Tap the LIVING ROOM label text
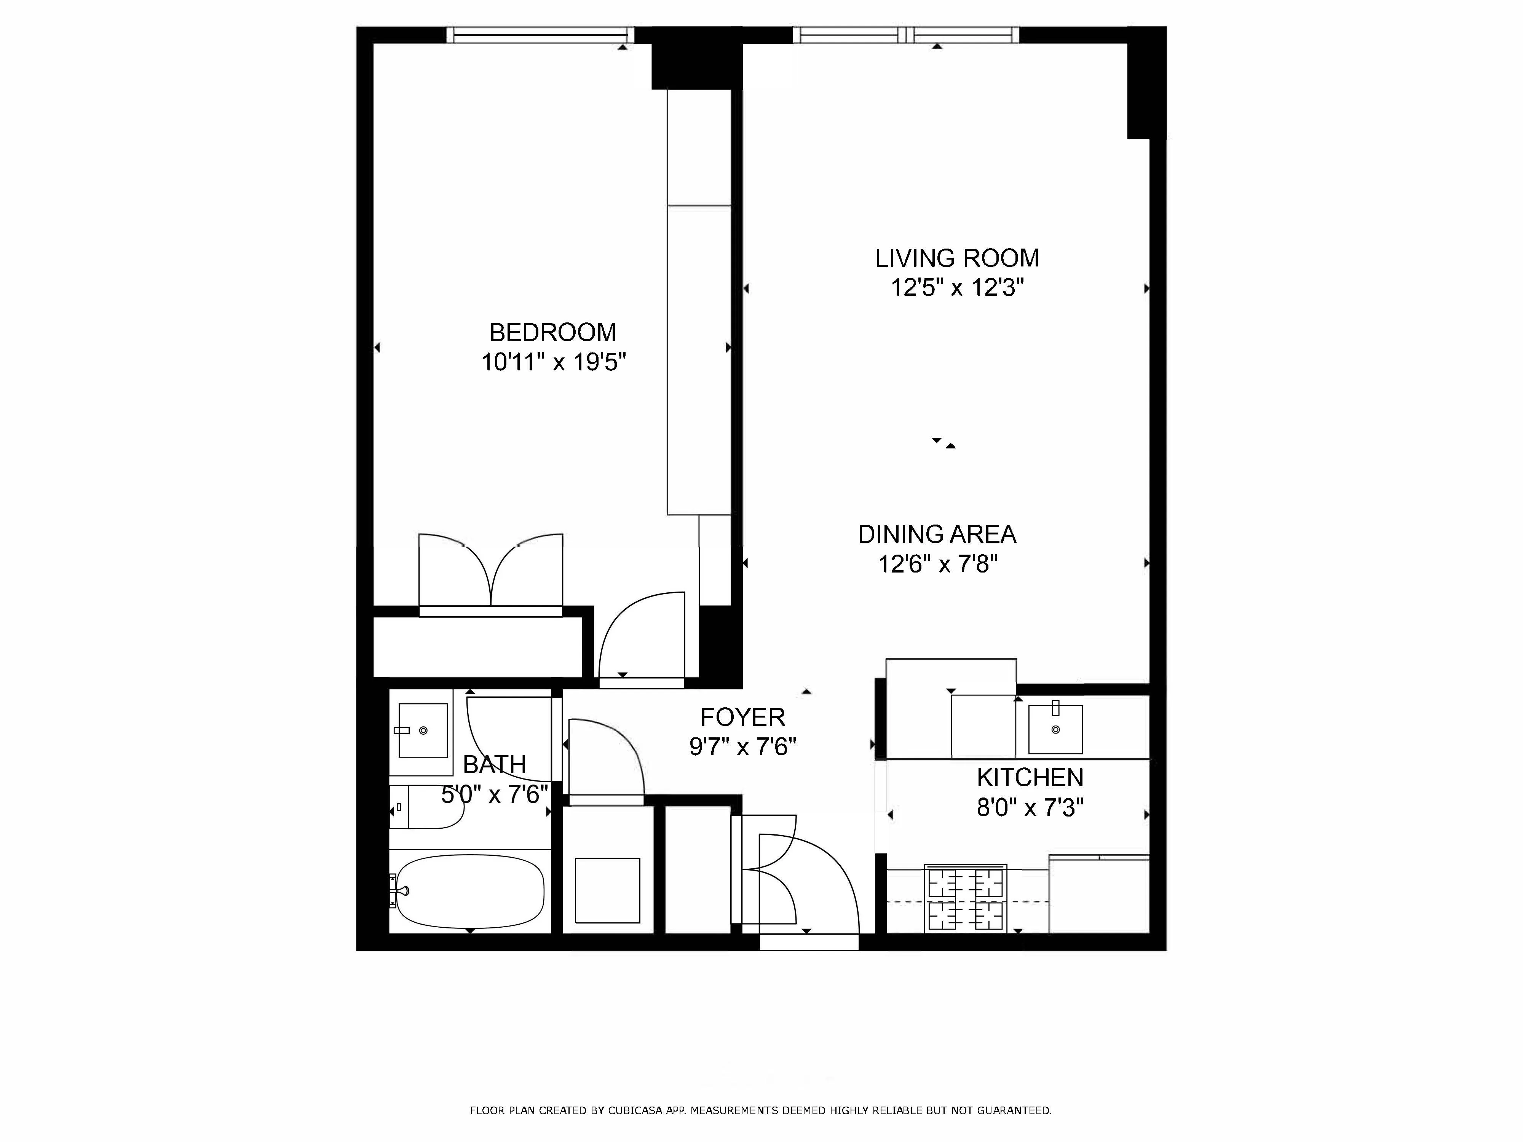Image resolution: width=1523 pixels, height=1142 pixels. point(956,258)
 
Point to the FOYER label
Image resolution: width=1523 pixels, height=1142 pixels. point(742,717)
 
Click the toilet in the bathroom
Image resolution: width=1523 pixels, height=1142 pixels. point(428,807)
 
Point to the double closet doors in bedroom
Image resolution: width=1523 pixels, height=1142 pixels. point(491,573)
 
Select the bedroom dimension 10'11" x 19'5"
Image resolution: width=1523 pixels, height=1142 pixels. point(553,362)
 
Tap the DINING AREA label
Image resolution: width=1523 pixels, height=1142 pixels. point(936,534)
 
